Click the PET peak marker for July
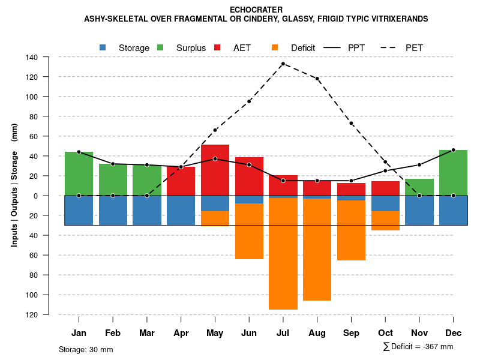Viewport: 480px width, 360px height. pos(283,64)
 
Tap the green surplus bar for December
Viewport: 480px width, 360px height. pos(454,172)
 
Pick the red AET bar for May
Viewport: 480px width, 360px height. pos(215,170)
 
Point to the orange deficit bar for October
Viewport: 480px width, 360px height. pos(385,221)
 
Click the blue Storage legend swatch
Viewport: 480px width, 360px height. pos(103,47)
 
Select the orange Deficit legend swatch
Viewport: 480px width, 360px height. pos(275,47)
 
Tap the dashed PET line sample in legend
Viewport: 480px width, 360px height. pos(391,47)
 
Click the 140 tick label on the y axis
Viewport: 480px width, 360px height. pos(32,58)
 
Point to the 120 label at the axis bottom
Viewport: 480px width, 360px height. pos(32,314)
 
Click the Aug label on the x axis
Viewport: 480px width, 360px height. pos(317,333)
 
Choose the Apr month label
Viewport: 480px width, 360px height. pos(181,333)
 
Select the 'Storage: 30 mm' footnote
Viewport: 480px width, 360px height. pos(86,349)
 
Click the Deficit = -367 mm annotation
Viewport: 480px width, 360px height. pos(418,347)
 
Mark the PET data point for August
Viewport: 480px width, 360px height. pos(317,79)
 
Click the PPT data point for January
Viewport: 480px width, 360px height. pos(79,152)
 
